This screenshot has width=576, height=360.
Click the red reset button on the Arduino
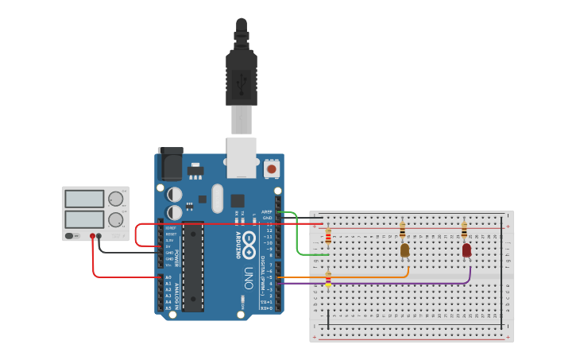click(272, 168)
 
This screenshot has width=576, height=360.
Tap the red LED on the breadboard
click(466, 250)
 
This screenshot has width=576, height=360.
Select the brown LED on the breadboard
click(404, 250)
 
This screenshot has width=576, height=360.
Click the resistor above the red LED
click(464, 230)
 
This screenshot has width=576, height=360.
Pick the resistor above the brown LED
click(402, 230)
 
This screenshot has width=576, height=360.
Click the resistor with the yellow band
click(328, 278)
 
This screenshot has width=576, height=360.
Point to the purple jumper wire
click(381, 283)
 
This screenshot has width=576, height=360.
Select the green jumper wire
click(299, 238)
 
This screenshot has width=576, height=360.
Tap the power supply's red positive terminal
click(92, 236)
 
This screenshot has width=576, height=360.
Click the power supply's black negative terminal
click(99, 236)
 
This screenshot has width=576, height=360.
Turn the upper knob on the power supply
click(115, 199)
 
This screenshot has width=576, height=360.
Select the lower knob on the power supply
click(115, 219)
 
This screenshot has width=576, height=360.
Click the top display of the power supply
click(83, 198)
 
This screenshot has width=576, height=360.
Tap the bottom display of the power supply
click(83, 219)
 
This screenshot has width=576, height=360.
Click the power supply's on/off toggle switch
click(70, 236)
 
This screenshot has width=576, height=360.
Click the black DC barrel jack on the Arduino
click(170, 164)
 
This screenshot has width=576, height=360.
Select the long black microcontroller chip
click(192, 266)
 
